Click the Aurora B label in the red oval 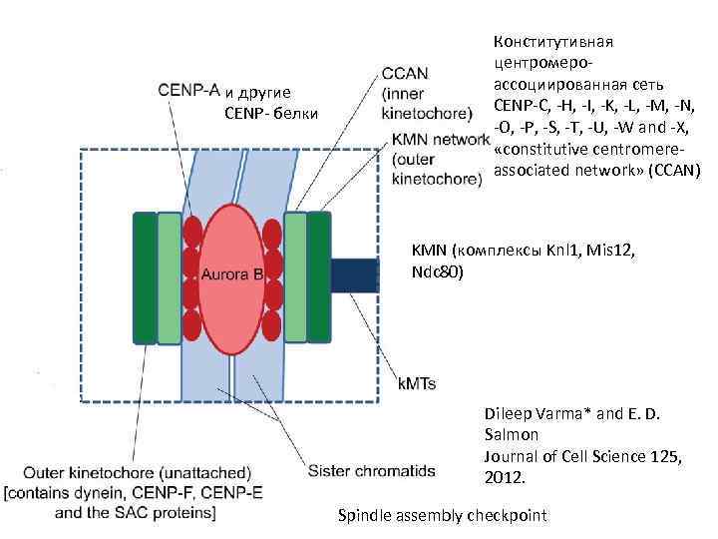click(231, 273)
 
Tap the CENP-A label click(188, 89)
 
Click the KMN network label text click(441, 140)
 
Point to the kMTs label click(417, 382)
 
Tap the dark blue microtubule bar click(354, 274)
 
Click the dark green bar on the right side click(319, 276)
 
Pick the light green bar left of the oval click(170, 276)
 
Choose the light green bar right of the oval click(296, 276)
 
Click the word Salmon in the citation click(511, 435)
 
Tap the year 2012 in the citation click(505, 477)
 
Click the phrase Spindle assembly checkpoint click(443, 515)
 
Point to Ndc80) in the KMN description click(437, 270)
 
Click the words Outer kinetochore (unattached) click(138, 471)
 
